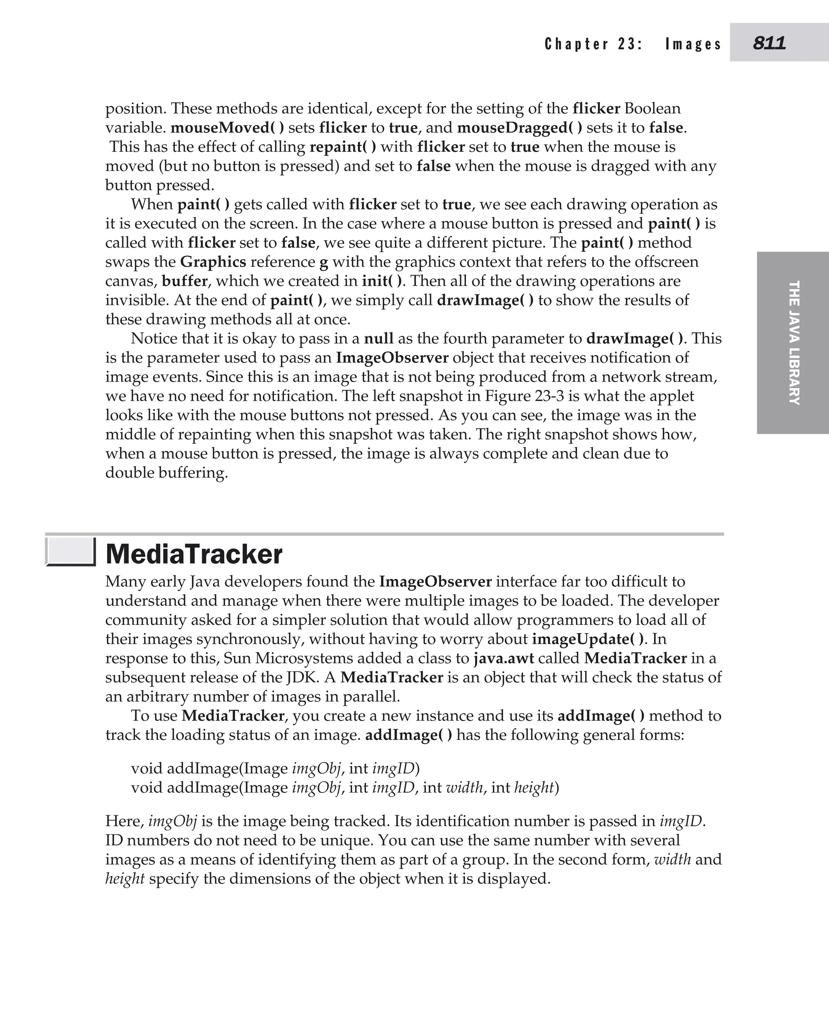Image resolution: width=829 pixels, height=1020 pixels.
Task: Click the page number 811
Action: [769, 43]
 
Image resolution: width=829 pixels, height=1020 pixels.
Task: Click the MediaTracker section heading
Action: [194, 555]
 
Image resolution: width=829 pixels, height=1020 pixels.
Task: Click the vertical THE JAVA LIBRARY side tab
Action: [793, 343]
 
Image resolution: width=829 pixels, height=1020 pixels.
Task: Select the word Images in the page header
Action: [693, 45]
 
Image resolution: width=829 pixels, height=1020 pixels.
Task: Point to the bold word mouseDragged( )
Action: [520, 128]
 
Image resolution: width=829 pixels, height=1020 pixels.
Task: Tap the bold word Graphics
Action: [213, 262]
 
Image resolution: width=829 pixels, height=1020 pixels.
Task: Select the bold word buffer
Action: [185, 281]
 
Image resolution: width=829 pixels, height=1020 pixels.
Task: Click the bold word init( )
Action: [382, 281]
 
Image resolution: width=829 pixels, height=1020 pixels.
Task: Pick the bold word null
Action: [379, 338]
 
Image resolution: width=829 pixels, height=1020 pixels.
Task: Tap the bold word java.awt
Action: [503, 658]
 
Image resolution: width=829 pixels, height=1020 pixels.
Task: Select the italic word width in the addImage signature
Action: [464, 787]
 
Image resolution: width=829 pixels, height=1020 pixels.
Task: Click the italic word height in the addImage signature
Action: [534, 787]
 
